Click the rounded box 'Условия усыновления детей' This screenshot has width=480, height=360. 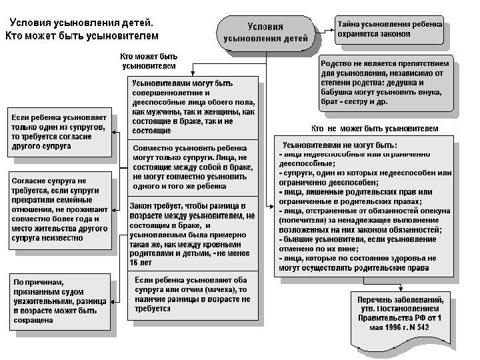pyautogui.click(x=265, y=32)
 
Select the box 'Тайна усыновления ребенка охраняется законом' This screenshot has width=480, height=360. pyautogui.click(x=389, y=27)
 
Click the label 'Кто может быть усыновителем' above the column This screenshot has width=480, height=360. pyautogui.click(x=148, y=62)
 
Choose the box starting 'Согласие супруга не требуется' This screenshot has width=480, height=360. pyautogui.click(x=56, y=208)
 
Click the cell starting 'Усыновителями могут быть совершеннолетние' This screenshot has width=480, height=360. pyautogui.click(x=193, y=107)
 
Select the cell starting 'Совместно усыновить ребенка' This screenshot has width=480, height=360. pyautogui.click(x=193, y=167)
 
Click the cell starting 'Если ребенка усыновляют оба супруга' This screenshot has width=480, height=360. pyautogui.click(x=193, y=295)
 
